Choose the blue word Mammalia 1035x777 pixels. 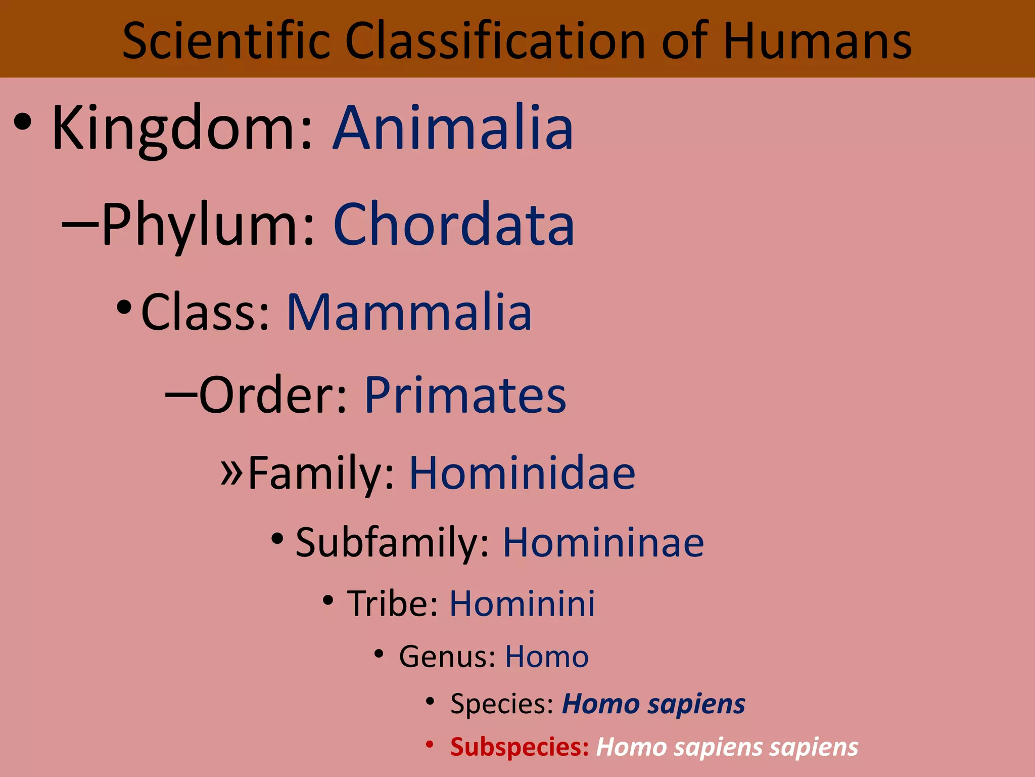click(x=409, y=312)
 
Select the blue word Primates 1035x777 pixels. click(x=465, y=395)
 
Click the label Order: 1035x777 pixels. click(x=273, y=395)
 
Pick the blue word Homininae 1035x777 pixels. click(x=603, y=542)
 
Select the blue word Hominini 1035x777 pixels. click(x=522, y=603)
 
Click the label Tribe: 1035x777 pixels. click(x=392, y=603)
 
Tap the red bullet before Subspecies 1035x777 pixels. click(x=430, y=744)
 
